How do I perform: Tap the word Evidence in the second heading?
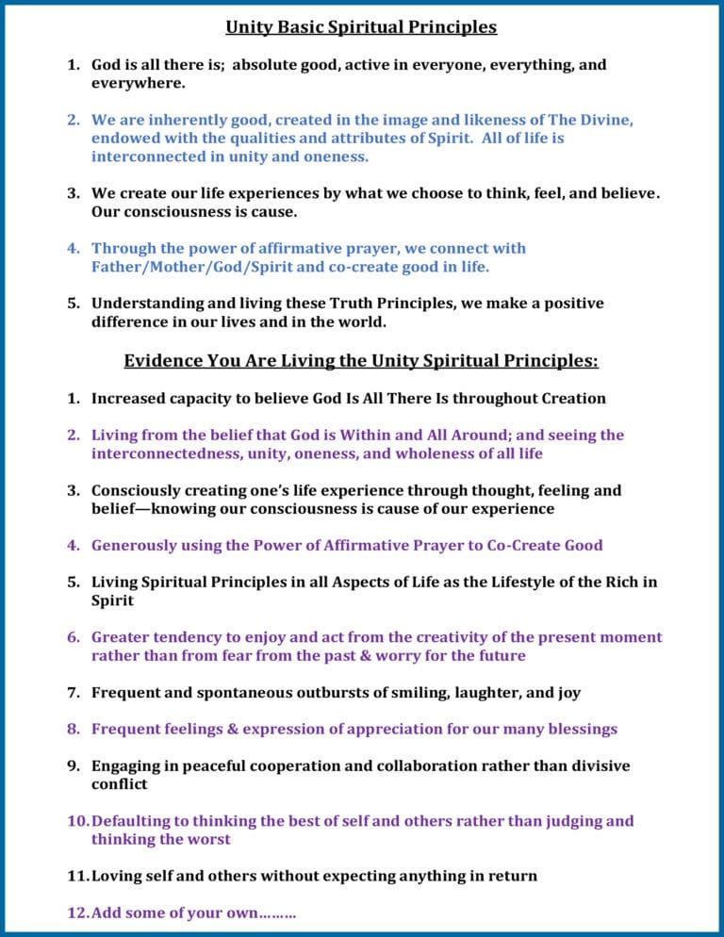tap(163, 361)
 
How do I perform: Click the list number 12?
tap(76, 912)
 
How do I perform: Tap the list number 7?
tap(73, 693)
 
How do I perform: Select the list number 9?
tap(73, 766)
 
